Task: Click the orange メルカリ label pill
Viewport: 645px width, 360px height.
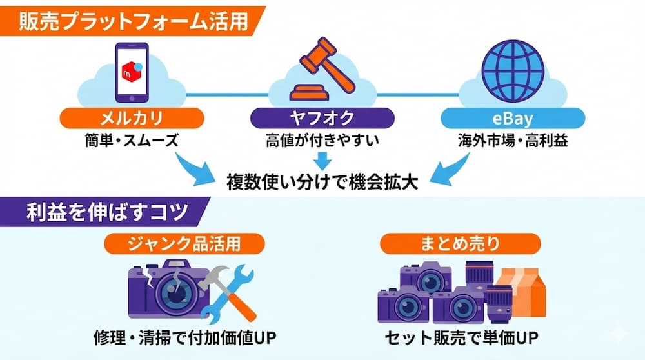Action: [x=132, y=118]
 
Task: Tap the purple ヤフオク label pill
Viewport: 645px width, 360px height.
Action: [x=322, y=118]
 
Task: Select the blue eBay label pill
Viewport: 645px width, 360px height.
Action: [x=513, y=118]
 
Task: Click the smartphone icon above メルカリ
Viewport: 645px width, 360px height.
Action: [x=132, y=72]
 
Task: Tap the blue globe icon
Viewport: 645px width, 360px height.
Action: [x=513, y=71]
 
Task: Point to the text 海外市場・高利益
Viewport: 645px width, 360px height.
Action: [x=513, y=141]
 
